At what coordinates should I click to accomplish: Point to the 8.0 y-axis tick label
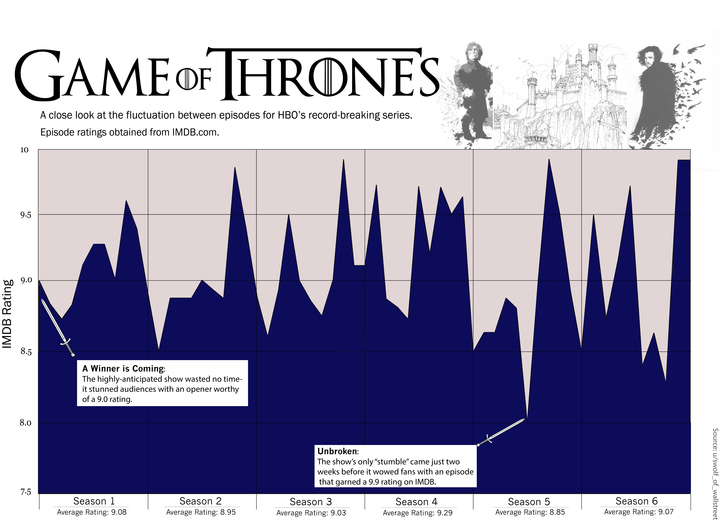pyautogui.click(x=25, y=423)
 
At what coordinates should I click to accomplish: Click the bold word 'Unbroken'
pyautogui.click(x=337, y=451)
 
